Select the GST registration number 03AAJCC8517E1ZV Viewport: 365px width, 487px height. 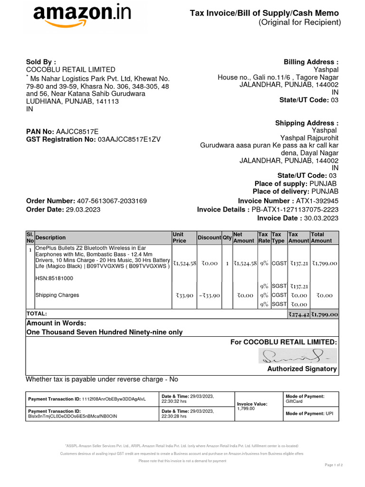coord(129,139)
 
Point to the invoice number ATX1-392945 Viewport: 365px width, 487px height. coord(317,201)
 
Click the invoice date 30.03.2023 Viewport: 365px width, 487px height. coord(321,218)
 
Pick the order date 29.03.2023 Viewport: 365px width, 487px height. coord(83,210)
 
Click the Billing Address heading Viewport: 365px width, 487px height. coord(311,62)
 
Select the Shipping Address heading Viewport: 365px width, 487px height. coord(307,123)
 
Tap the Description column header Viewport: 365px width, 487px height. coord(51,238)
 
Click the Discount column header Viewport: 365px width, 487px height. coord(209,238)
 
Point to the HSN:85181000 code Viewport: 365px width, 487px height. coord(54,278)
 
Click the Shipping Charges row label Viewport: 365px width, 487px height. coord(58,295)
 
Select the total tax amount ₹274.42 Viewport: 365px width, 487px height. coord(299,314)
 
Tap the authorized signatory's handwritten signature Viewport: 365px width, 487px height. coord(297,356)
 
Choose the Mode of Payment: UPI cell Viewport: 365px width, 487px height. coord(309,414)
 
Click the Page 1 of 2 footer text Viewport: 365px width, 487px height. coord(333,465)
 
